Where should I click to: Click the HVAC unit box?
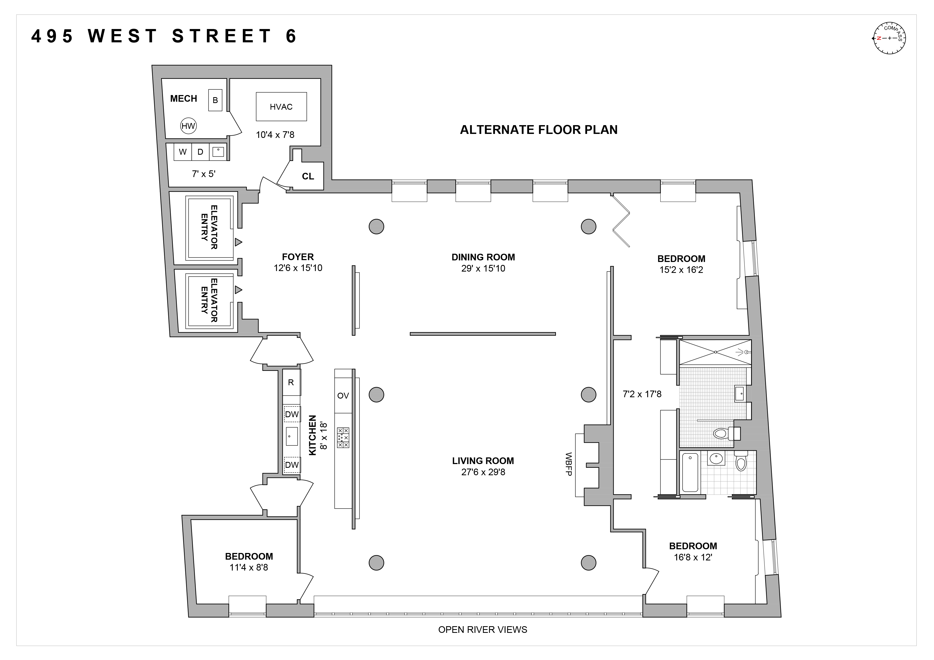point(281,106)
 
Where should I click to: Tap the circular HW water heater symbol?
point(188,126)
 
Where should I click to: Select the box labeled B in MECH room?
point(215,100)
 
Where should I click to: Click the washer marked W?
point(183,152)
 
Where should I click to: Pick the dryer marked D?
point(200,152)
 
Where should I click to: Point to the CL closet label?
point(308,176)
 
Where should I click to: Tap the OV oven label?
point(343,396)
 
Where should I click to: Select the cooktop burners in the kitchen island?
point(343,438)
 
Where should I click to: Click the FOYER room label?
point(298,257)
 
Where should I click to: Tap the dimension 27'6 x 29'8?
point(483,472)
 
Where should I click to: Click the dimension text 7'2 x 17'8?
point(642,394)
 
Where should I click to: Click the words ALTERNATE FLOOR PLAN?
point(539,130)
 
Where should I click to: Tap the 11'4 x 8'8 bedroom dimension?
point(249,567)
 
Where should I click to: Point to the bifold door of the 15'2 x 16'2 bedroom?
point(621,221)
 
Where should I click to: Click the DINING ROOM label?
point(483,257)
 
